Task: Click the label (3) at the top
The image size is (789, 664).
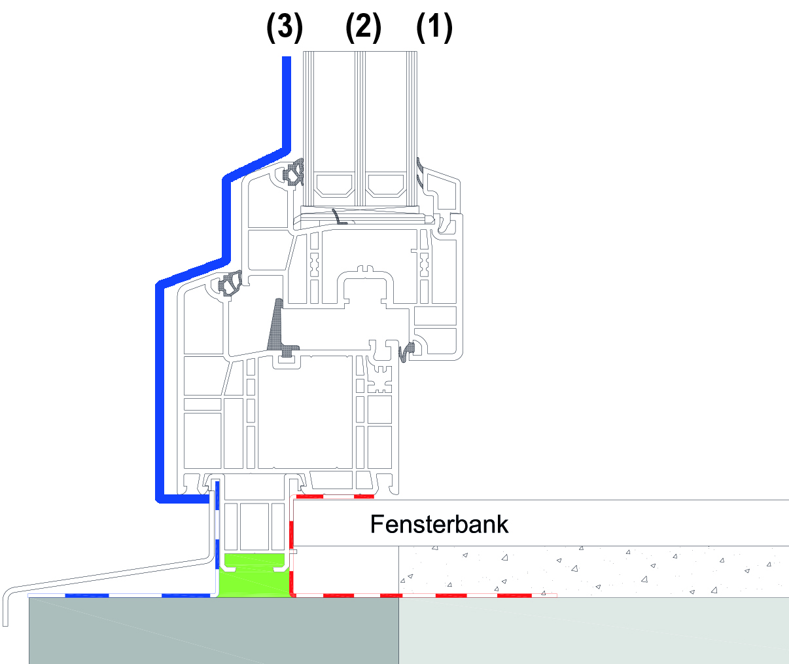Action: [285, 28]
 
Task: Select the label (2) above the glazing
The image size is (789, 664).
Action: [364, 28]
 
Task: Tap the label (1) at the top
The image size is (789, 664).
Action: [434, 28]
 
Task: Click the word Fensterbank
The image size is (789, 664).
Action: [439, 525]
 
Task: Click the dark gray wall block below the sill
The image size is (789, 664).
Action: [214, 631]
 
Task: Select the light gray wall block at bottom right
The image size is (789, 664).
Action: [593, 631]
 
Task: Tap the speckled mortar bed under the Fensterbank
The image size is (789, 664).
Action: [593, 571]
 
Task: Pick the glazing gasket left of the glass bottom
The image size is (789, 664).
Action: [294, 172]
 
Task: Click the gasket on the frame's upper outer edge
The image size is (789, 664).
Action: [230, 283]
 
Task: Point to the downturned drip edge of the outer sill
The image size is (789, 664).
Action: [5, 609]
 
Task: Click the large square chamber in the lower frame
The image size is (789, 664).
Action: [306, 413]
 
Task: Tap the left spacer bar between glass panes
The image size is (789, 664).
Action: [335, 185]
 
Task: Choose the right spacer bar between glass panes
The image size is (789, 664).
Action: [386, 185]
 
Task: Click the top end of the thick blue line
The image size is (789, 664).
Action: [287, 57]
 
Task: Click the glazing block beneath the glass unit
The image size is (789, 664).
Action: [360, 210]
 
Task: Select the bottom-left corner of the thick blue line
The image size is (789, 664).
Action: [159, 500]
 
